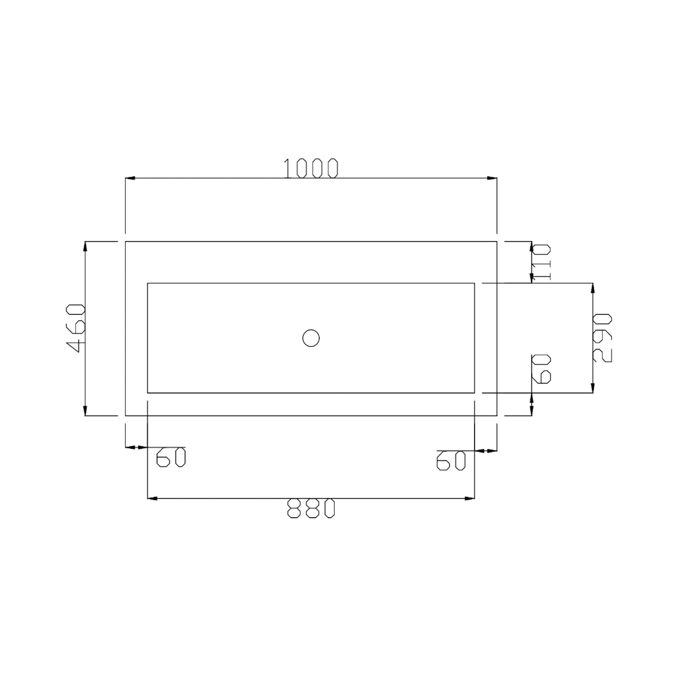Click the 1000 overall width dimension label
pos(311,169)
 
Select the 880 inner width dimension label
pos(311,509)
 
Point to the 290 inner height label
pos(602,338)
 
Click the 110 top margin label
pos(541,262)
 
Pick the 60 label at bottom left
pos(171,457)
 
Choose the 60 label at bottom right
pos(451,461)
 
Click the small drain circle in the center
pos(311,338)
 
